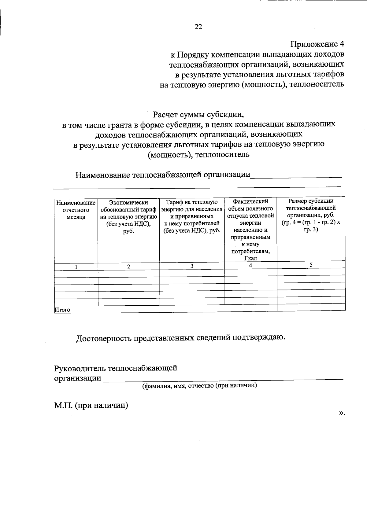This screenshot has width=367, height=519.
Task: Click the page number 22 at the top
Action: point(198,27)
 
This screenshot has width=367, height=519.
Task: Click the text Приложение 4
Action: point(317,44)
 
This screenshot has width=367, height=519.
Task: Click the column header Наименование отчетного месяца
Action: point(76,210)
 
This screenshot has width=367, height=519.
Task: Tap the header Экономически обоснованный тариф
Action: point(128,217)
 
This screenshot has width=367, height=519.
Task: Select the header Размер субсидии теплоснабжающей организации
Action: point(311,215)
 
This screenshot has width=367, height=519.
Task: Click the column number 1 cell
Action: point(76,267)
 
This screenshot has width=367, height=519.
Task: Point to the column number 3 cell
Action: point(192,266)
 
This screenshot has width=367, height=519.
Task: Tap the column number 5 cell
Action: point(311,265)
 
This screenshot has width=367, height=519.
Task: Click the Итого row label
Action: point(62,310)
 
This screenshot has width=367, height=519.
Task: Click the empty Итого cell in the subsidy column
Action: point(311,307)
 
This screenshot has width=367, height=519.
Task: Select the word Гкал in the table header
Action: point(250,259)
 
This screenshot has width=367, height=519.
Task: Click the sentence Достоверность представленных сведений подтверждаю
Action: point(181,338)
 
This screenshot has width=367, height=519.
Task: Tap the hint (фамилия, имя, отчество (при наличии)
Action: point(199,386)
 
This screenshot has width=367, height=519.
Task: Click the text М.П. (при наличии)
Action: point(91,405)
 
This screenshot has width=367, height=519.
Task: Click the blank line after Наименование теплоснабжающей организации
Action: point(296,176)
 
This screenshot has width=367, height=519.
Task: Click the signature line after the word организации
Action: point(223,379)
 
